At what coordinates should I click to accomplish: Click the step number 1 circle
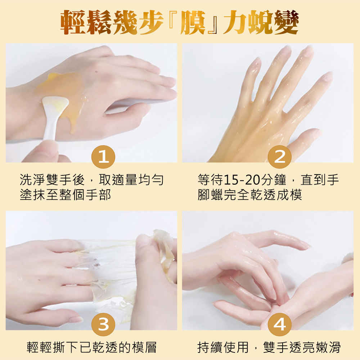[103, 157]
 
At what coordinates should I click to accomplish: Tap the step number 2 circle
[280, 157]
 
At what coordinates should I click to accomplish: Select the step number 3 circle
[103, 324]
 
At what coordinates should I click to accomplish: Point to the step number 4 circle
[280, 324]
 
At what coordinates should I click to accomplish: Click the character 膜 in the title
[193, 22]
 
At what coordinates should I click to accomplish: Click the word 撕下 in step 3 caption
[66, 347]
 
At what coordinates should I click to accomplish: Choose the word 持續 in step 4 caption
[210, 347]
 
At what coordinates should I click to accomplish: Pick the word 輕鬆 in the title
[86, 22]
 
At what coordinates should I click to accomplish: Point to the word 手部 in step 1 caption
[98, 195]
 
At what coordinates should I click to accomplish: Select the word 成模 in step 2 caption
[289, 195]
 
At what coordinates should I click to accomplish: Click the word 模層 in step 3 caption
[144, 347]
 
